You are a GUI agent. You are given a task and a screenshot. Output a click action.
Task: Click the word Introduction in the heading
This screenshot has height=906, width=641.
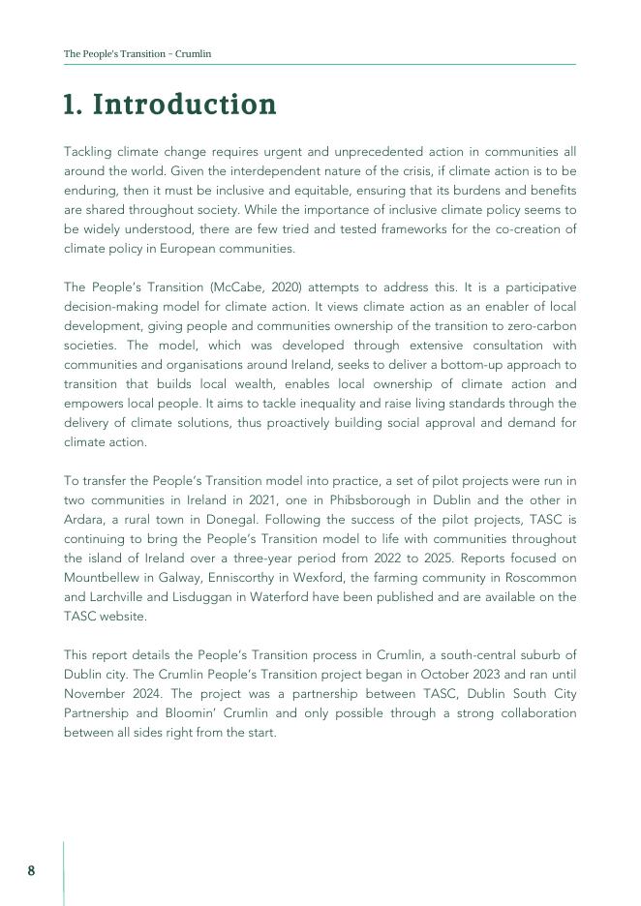[184, 105]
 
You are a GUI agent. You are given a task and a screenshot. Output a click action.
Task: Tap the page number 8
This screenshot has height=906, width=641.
[31, 870]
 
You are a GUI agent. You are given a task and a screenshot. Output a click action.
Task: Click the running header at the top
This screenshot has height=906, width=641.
[137, 54]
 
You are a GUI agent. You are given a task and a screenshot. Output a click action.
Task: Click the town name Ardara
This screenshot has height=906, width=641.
[85, 519]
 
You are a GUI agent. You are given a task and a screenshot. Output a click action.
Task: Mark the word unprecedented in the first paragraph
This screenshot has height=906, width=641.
[373, 151]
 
